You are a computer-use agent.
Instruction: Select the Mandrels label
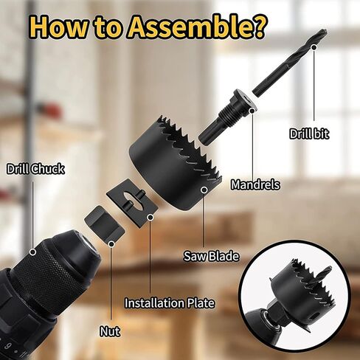click(x=255, y=184)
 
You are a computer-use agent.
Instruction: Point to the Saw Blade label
click(x=212, y=256)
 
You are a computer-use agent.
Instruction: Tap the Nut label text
click(x=110, y=331)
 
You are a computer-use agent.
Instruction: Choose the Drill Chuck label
click(x=35, y=169)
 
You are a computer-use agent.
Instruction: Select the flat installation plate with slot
click(x=131, y=200)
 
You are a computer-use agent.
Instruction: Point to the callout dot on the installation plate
click(x=150, y=217)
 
